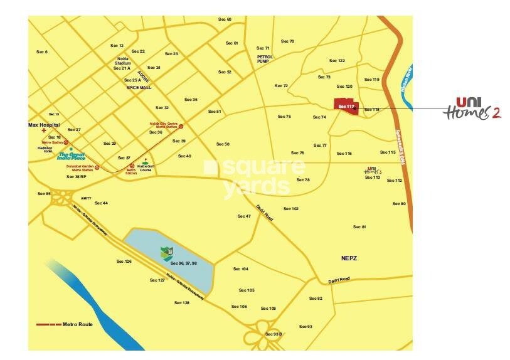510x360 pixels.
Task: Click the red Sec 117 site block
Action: (346, 106)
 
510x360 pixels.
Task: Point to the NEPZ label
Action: (349, 258)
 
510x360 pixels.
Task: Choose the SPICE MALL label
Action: (139, 88)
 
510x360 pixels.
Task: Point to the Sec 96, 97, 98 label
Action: (184, 263)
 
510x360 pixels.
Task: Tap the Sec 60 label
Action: (224, 19)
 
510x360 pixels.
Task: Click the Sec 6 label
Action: (42, 51)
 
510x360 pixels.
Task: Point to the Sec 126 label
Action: (124, 261)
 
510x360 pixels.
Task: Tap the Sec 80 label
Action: (399, 203)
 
